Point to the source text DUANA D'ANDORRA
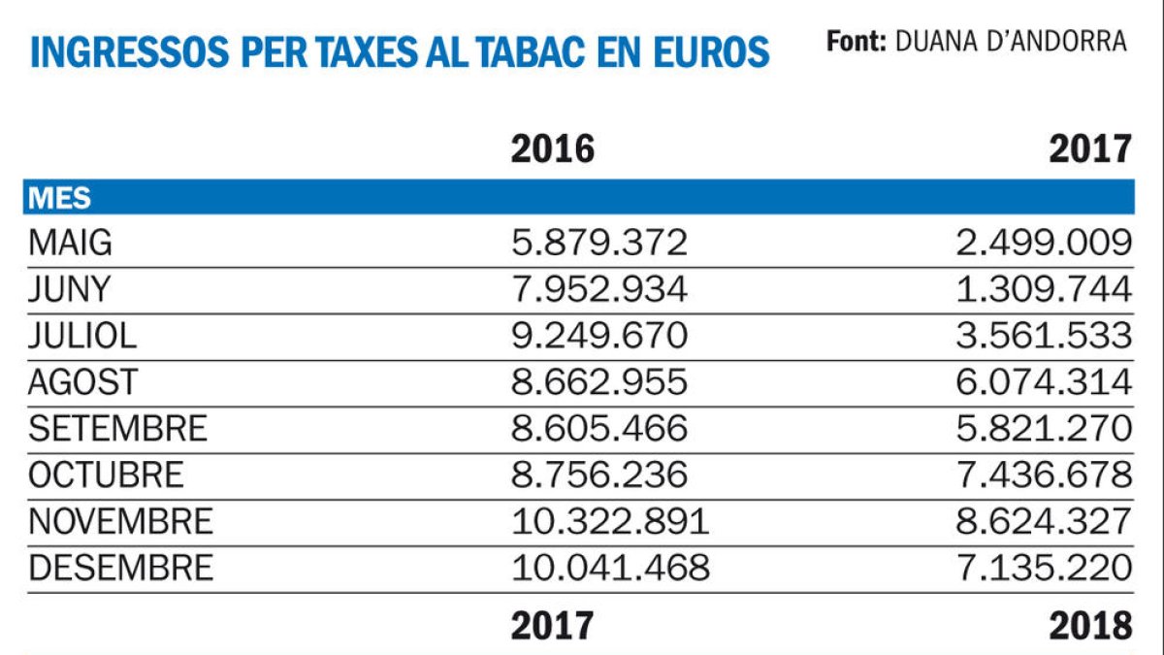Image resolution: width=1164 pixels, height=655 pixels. pos(1011,42)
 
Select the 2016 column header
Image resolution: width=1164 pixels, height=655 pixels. pos(552,148)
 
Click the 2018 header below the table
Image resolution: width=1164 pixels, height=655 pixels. pos(1090,626)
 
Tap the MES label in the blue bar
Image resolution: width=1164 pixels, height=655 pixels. pos(59,197)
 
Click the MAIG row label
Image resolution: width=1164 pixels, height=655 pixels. pos(70,243)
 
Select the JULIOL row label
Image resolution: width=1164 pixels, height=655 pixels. pos(82,336)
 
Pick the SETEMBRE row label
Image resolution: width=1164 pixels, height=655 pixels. pos(117,428)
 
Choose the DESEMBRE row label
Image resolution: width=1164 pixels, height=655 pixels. pos(120,568)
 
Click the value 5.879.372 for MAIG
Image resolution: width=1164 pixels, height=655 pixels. pos(599,243)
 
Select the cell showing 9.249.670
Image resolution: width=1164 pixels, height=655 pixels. pos(599,336)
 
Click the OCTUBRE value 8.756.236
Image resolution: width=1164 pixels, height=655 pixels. pos(599,475)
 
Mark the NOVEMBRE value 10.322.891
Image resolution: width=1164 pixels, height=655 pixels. pos(610,521)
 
